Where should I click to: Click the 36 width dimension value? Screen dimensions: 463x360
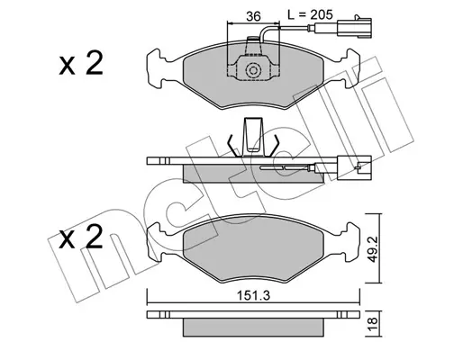(253, 16)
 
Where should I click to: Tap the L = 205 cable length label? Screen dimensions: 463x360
(310, 14)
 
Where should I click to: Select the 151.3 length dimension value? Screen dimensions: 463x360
(254, 296)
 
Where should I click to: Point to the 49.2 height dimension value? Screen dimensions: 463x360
(373, 248)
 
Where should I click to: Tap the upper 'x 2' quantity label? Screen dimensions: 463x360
(81, 63)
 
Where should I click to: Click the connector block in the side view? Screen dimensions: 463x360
(354, 168)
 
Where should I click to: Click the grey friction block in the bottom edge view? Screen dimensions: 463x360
(254, 328)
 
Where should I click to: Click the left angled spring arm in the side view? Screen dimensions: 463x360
(233, 145)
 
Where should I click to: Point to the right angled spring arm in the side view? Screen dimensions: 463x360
(274, 145)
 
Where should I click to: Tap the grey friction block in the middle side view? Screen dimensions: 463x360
(254, 174)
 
